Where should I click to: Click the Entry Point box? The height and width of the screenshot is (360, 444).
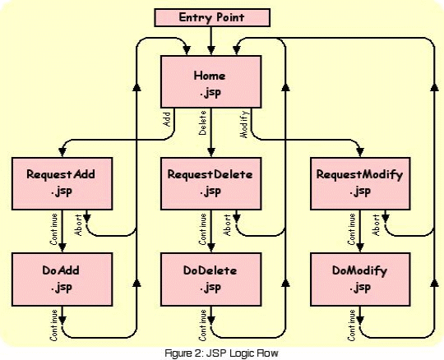pyautogui.click(x=212, y=17)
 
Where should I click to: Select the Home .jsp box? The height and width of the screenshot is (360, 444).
pyautogui.click(x=211, y=82)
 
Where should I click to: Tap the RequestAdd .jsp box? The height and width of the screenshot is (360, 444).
pyautogui.click(x=62, y=183)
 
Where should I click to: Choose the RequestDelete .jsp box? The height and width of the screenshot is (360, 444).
pyautogui.click(x=211, y=183)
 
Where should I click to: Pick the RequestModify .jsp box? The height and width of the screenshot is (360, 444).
pyautogui.click(x=360, y=183)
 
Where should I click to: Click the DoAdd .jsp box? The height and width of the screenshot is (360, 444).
pyautogui.click(x=62, y=279)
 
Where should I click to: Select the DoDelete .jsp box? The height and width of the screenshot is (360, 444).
pyautogui.click(x=211, y=279)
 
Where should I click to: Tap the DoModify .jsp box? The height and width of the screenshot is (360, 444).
pyautogui.click(x=360, y=279)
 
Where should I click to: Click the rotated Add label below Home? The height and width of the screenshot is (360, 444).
pyautogui.click(x=167, y=119)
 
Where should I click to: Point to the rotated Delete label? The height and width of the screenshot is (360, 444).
pyautogui.click(x=202, y=122)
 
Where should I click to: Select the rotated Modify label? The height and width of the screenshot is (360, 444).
pyautogui.click(x=244, y=125)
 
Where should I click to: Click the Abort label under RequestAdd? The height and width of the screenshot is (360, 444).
pyautogui.click(x=78, y=225)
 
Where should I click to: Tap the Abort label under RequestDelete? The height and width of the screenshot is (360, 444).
pyautogui.click(x=227, y=225)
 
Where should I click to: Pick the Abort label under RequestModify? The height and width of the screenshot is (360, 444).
pyautogui.click(x=376, y=225)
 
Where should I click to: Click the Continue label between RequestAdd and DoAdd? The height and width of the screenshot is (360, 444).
pyautogui.click(x=53, y=229)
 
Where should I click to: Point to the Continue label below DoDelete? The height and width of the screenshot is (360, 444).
pyautogui.click(x=202, y=325)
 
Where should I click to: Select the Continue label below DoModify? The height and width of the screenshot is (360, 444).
pyautogui.click(x=351, y=325)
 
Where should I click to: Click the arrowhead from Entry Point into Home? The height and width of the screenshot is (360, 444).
pyautogui.click(x=211, y=51)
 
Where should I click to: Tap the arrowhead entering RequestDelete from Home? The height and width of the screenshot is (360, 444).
pyautogui.click(x=211, y=152)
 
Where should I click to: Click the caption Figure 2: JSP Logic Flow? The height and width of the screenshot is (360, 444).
pyautogui.click(x=222, y=353)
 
